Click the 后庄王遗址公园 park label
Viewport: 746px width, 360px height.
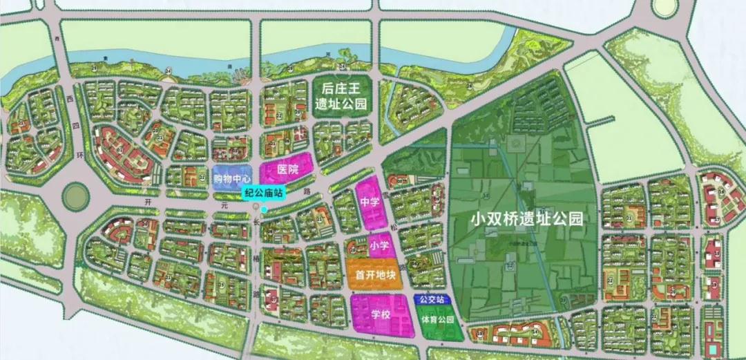point(340,96)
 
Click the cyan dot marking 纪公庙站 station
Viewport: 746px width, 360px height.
point(263,209)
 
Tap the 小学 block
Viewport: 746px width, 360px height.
point(379,245)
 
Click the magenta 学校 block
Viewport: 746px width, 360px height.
point(379,314)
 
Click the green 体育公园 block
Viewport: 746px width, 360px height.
point(439,321)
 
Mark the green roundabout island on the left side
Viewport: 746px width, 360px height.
point(76,197)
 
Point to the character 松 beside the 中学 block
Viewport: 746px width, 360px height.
point(395,216)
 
